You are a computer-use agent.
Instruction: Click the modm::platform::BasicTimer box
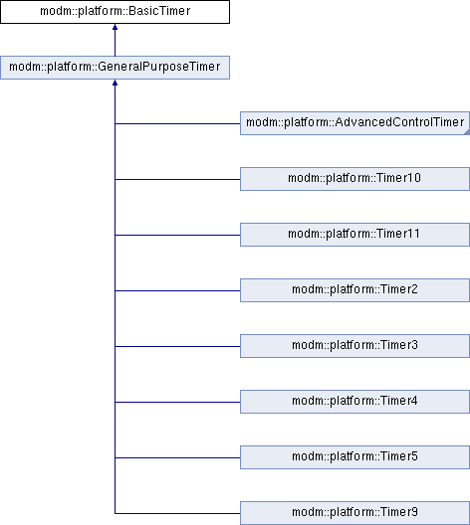pos(115,12)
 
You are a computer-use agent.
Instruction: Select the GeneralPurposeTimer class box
pos(115,68)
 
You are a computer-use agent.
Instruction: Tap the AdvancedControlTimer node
pos(355,123)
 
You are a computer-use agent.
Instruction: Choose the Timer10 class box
pos(355,179)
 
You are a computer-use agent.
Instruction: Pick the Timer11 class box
pos(355,235)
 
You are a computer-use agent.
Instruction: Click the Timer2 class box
pos(355,290)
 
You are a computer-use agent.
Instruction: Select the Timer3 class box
pos(355,346)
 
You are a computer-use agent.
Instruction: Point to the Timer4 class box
pos(355,402)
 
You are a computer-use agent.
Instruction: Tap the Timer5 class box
pos(355,457)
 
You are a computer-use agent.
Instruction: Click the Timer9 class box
pos(355,513)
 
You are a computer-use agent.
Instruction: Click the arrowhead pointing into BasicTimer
pos(115,27)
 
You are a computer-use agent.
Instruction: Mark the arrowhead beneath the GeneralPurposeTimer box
pos(115,83)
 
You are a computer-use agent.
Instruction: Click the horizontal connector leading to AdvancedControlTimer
pos(177,123)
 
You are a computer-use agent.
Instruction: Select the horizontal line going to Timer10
pos(177,179)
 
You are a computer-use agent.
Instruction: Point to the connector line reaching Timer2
pos(177,290)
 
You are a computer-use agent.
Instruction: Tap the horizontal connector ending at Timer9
pos(177,513)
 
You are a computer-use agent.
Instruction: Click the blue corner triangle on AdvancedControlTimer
pos(467,133)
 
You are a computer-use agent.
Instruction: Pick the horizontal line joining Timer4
pos(177,402)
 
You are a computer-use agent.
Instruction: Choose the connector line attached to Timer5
pos(177,457)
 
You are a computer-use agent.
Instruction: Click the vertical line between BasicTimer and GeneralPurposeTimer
pos(115,43)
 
